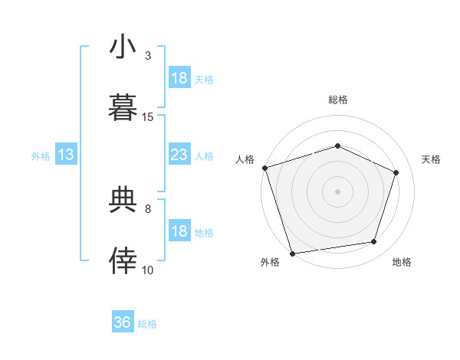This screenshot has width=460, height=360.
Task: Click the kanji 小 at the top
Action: tap(123, 47)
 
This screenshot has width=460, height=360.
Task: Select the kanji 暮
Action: tap(123, 108)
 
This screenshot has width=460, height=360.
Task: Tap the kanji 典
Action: tap(123, 200)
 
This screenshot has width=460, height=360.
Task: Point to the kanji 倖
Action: tap(123, 261)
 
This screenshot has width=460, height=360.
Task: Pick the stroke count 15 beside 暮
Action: tap(148, 116)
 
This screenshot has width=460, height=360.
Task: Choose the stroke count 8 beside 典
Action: tap(148, 208)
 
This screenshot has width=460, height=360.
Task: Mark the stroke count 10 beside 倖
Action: tap(148, 270)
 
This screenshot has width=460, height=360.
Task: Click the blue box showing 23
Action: tap(179, 155)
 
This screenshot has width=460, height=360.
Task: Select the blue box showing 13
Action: tap(66, 155)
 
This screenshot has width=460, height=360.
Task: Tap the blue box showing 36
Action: tap(123, 322)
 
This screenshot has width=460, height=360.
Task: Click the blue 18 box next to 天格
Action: tap(179, 78)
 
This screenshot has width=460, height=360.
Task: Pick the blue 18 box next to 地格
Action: tap(179, 231)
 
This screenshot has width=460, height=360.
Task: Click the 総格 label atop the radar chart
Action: tap(338, 100)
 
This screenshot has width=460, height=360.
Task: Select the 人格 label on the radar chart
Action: tap(245, 159)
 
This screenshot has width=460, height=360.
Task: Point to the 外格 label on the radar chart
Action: tap(270, 262)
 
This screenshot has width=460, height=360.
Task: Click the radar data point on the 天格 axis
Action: tap(396, 172)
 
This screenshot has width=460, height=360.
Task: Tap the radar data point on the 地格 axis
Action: tap(374, 242)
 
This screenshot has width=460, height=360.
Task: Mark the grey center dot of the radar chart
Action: tap(338, 191)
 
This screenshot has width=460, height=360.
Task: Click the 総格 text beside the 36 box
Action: tap(147, 324)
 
